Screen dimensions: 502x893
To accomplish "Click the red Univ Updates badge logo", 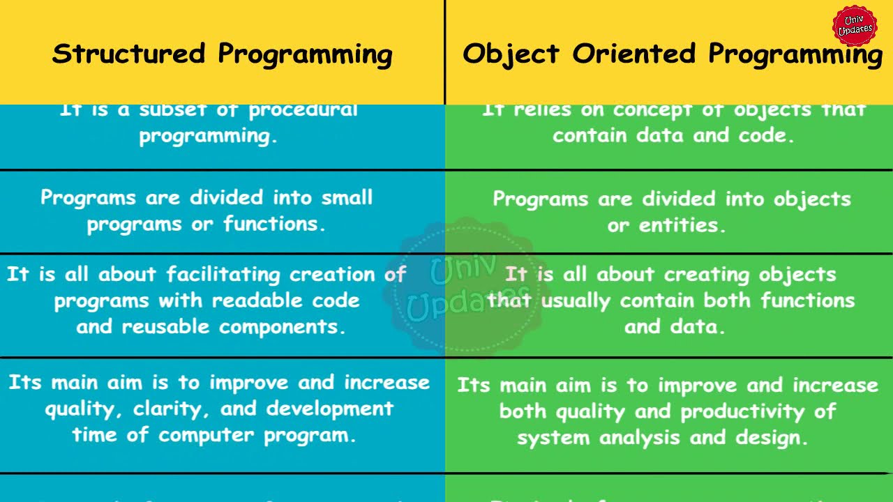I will point(855,26).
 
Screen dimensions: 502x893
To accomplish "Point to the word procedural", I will point(303,110).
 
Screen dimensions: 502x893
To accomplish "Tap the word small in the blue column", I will point(347,197).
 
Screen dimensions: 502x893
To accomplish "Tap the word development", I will point(330,409).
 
